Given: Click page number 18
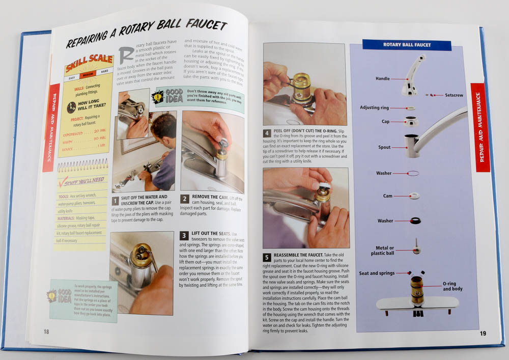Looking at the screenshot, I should (46, 331).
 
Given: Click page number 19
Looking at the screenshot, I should (483, 334).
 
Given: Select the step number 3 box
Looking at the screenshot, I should (184, 236).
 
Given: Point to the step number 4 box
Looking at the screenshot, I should (267, 133).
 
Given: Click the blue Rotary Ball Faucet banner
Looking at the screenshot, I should (407, 45).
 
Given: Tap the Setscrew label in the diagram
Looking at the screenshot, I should (454, 95).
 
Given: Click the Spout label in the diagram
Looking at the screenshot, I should (384, 147).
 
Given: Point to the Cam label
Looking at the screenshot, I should (387, 196).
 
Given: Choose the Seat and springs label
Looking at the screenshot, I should (377, 273).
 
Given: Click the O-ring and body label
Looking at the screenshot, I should (453, 286).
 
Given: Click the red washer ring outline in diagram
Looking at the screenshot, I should (413, 173).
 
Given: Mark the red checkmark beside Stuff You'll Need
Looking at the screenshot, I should (64, 182).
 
